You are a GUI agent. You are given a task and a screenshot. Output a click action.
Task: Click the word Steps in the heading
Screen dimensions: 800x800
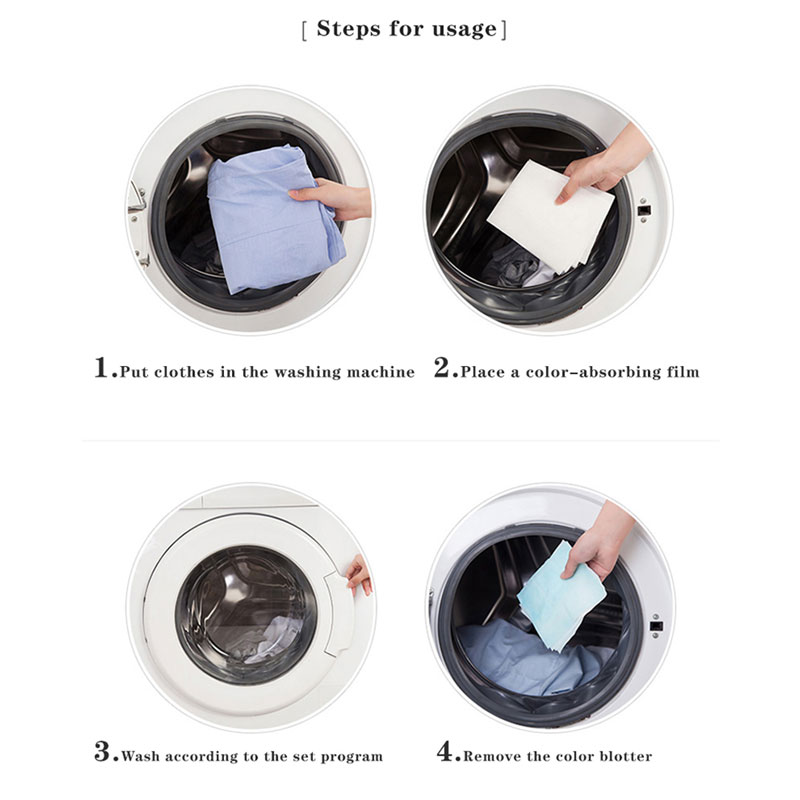[348, 29]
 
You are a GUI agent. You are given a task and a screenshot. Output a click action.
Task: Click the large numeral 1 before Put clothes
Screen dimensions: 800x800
[102, 367]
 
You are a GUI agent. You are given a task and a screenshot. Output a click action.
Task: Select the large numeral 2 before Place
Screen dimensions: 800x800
[442, 367]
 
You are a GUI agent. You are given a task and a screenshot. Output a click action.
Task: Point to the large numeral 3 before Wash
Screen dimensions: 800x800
[102, 752]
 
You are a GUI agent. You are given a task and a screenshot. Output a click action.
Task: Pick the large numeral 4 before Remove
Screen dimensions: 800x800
[444, 752]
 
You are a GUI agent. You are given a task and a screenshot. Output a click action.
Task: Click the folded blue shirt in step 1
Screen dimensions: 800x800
[273, 219]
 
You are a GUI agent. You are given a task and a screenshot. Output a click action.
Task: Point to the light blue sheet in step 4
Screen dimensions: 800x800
[560, 597]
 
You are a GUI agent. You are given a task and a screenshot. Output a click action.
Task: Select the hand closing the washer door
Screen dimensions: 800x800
[359, 576]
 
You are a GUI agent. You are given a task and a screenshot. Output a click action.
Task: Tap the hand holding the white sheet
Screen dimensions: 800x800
[602, 163]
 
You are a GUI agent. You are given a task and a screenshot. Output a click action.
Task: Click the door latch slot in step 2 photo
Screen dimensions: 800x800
[644, 210]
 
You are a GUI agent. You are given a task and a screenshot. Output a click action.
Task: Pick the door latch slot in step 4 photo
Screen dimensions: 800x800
[656, 626]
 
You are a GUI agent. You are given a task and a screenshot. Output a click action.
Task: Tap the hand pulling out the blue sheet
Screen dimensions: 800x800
[599, 543]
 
